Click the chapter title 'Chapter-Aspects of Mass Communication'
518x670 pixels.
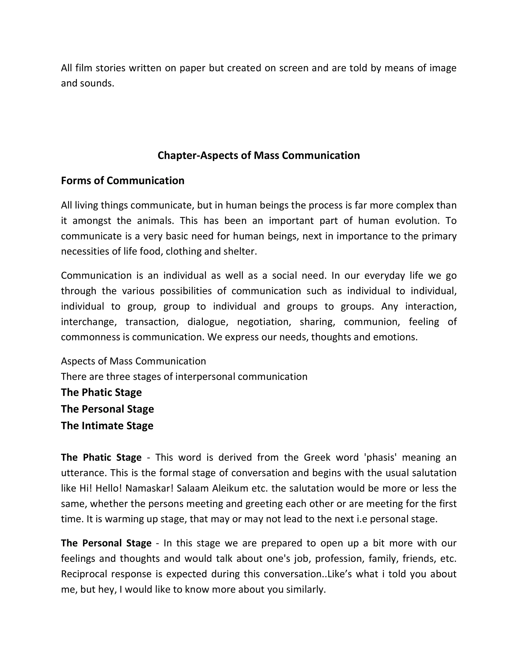[x=258, y=155]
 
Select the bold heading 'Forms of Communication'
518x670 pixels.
[x=122, y=181]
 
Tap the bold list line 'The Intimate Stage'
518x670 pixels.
[x=107, y=426]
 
